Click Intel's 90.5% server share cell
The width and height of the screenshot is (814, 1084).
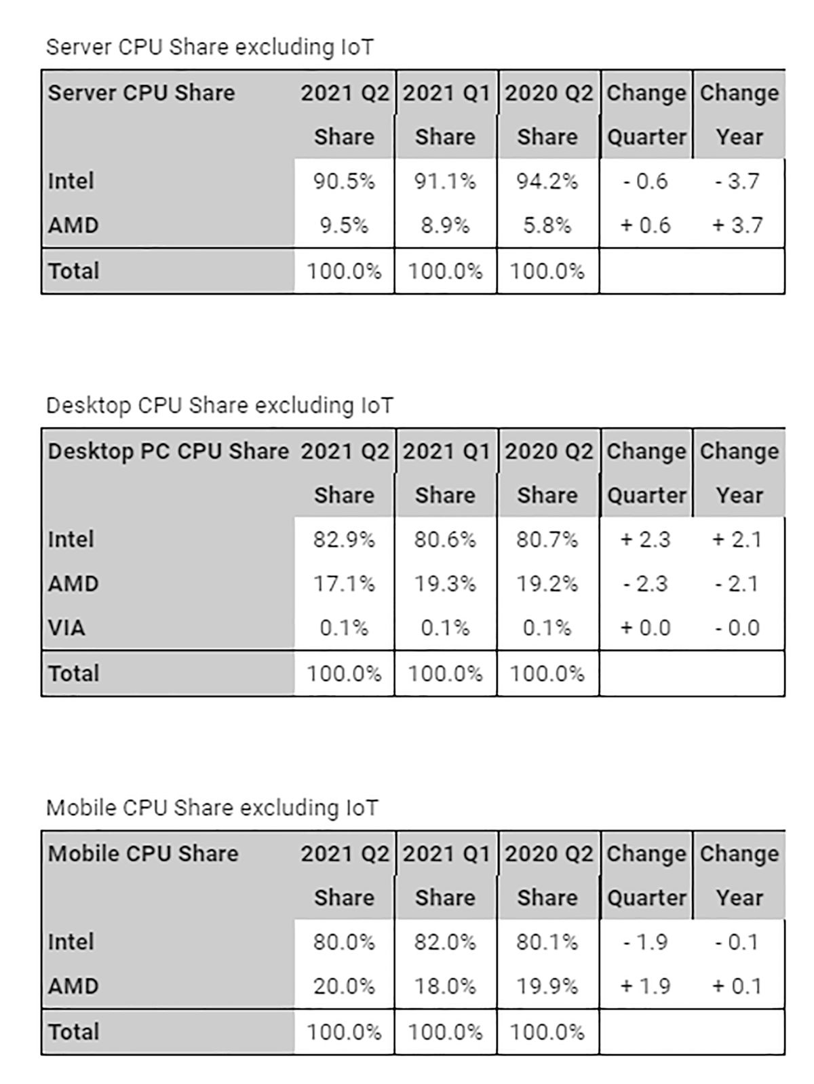tap(344, 181)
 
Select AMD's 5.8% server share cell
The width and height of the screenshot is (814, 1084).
tap(547, 225)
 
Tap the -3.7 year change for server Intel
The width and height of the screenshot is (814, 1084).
tap(737, 181)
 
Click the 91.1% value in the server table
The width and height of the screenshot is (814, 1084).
tap(445, 181)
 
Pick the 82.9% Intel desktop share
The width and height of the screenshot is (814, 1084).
tap(344, 539)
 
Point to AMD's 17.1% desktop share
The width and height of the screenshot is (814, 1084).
tap(344, 583)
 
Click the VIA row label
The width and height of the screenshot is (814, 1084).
tap(66, 627)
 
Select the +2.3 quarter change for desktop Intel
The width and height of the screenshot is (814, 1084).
tap(645, 539)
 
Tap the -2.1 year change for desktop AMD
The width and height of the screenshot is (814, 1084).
tap(737, 583)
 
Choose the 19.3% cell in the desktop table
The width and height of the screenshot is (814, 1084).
tap(445, 583)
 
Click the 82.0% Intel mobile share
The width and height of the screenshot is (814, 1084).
tap(445, 942)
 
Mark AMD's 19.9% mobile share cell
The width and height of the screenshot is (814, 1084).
tap(547, 986)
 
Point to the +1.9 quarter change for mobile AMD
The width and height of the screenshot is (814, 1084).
tap(645, 986)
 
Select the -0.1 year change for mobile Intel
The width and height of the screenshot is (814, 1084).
tap(737, 942)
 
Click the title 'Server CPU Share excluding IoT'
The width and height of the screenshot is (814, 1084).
tap(210, 47)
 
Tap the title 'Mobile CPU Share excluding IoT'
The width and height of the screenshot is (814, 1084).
tap(212, 807)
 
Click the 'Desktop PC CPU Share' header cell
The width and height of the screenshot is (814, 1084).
tap(168, 451)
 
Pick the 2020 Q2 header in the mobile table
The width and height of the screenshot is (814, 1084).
tap(549, 853)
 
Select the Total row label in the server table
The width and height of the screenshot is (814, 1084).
tap(73, 271)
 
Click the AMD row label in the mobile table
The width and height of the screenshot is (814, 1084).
tap(73, 986)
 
